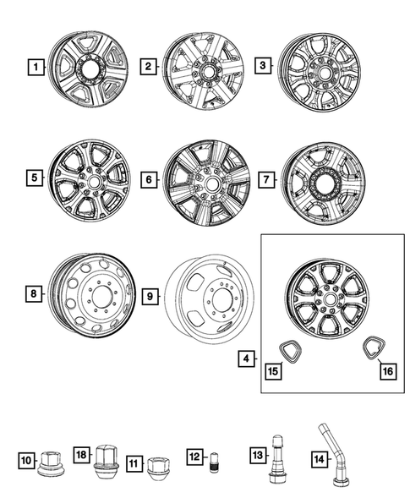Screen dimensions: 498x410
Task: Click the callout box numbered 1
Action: click(x=35, y=66)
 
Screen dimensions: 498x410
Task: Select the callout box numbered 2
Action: click(x=150, y=66)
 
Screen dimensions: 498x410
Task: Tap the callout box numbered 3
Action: click(x=263, y=66)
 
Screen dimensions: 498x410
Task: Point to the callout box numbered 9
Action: click(x=150, y=296)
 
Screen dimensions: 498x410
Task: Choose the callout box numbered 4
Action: click(x=245, y=358)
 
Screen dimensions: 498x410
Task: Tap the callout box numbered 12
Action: click(x=195, y=459)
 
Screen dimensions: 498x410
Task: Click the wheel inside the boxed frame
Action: click(x=326, y=303)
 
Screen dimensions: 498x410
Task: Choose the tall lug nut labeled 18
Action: click(x=107, y=457)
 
